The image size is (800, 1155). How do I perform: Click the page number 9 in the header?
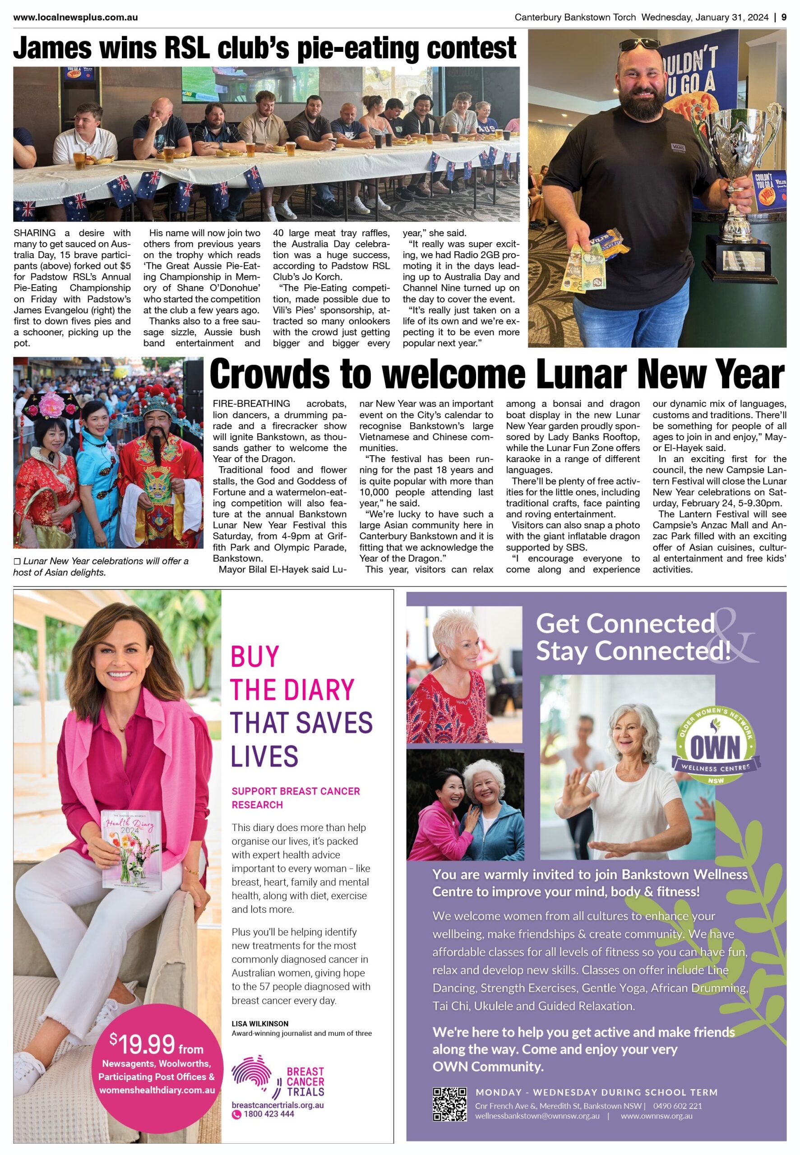tap(783, 17)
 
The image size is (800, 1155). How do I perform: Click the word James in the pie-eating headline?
tap(53, 49)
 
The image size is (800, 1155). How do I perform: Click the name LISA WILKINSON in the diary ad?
tap(259, 1023)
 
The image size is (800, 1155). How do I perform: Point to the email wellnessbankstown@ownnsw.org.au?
tap(537, 1116)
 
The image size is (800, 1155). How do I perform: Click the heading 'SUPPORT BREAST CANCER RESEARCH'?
tap(295, 798)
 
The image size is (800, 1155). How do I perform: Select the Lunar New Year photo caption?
tap(100, 566)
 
